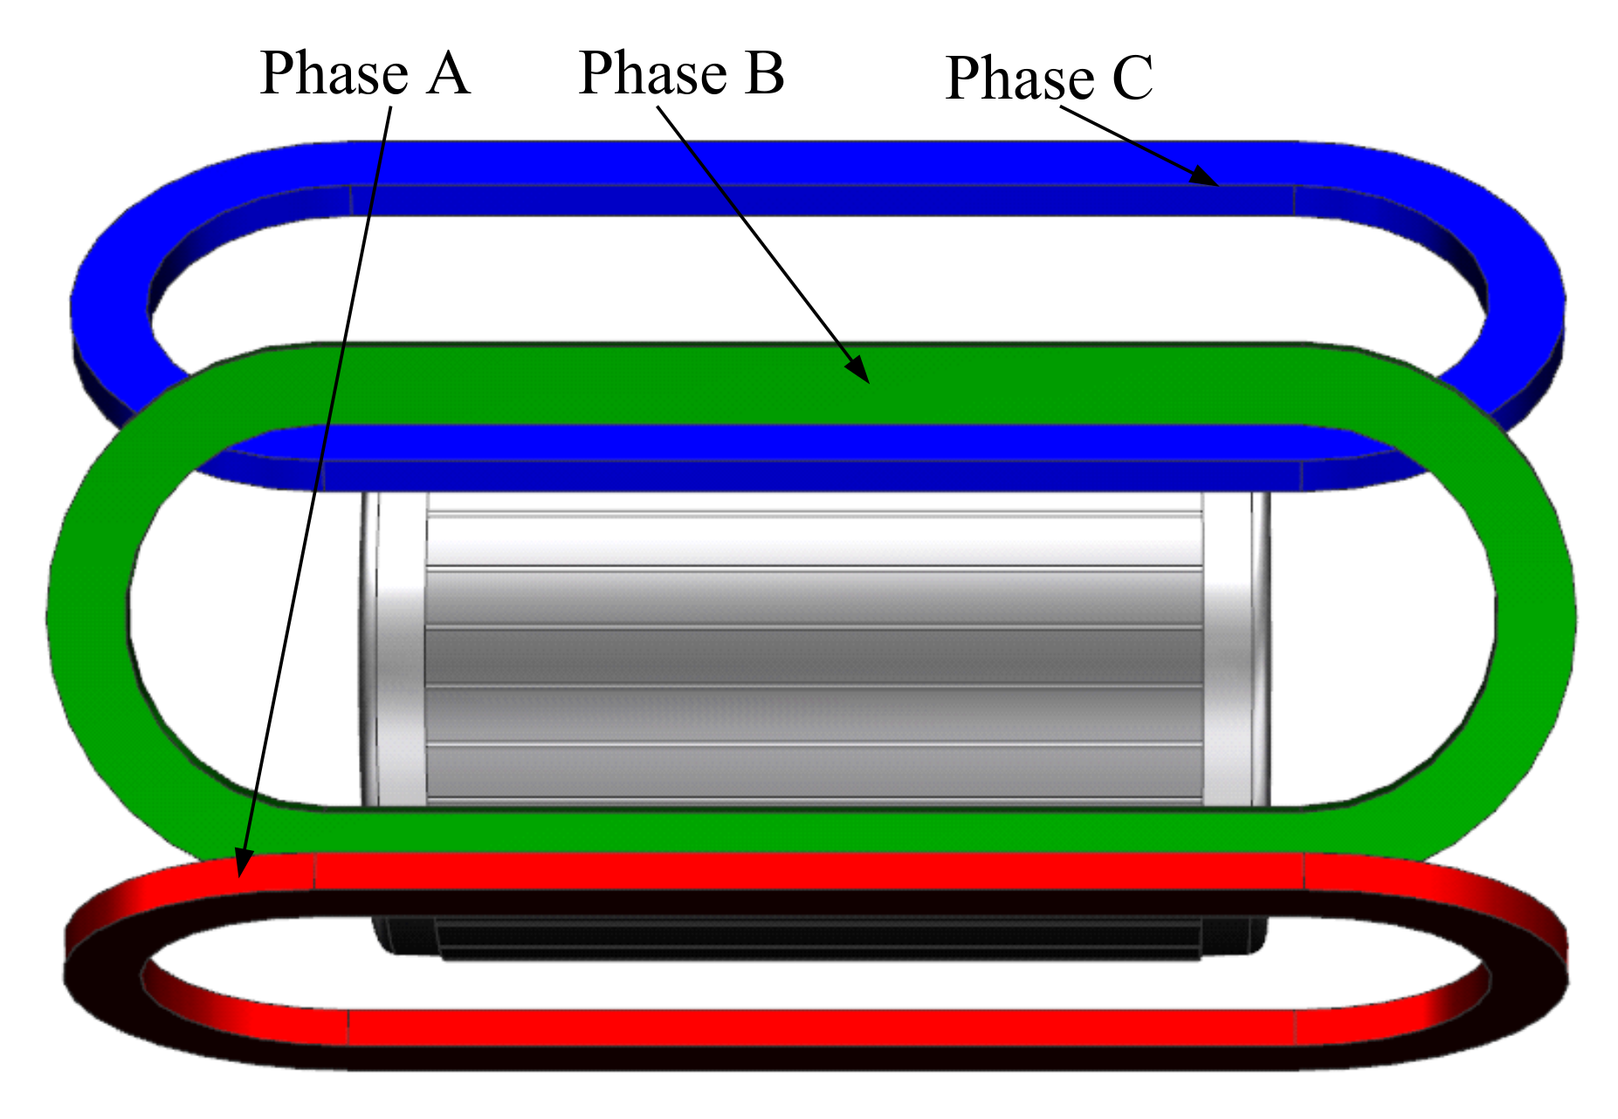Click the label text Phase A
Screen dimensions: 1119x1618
coord(365,73)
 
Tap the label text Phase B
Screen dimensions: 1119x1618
coord(681,73)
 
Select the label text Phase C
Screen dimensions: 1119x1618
coord(1049,79)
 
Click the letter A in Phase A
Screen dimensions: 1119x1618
coord(449,73)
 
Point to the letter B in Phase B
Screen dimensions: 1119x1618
coord(764,73)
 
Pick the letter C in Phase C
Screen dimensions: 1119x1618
coord(1133,79)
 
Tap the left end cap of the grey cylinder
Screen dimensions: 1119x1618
coord(393,646)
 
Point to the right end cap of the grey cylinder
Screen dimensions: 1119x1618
coord(1236,646)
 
